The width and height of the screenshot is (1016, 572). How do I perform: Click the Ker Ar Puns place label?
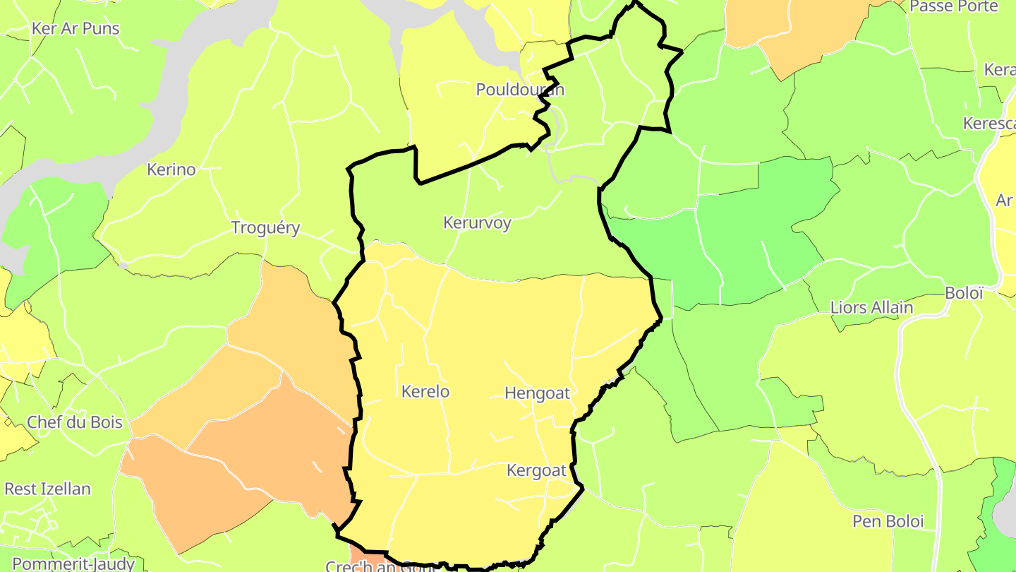(75, 29)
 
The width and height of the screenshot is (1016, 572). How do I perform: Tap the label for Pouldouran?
(520, 90)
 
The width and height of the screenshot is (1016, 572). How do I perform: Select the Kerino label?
(171, 169)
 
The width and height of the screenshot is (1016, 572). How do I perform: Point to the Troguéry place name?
(266, 228)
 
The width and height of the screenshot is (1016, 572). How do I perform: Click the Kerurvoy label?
(477, 222)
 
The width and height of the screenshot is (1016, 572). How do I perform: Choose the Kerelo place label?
(425, 391)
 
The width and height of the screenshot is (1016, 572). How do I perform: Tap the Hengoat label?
(537, 393)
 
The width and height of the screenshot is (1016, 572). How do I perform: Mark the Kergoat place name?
(537, 470)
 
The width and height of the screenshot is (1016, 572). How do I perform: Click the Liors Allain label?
(871, 308)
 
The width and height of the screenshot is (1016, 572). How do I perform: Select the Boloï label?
(964, 293)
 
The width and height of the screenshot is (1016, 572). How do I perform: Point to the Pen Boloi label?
(888, 522)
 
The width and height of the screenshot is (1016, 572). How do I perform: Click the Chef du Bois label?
(74, 422)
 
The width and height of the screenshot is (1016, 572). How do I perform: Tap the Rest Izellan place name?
(47, 489)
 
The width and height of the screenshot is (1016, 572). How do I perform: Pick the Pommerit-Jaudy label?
(73, 564)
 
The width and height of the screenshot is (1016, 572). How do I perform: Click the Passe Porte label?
(953, 6)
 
